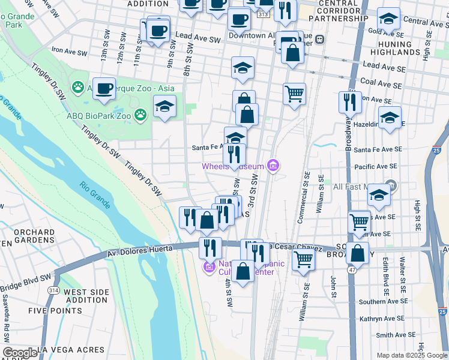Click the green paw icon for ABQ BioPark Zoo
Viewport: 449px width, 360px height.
140,114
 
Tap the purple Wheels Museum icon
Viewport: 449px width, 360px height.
274,166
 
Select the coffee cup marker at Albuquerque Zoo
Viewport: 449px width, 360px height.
104,89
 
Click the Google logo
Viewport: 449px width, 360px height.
20,352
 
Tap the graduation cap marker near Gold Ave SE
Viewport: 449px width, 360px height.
389,20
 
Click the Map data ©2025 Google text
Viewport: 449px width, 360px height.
412,355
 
